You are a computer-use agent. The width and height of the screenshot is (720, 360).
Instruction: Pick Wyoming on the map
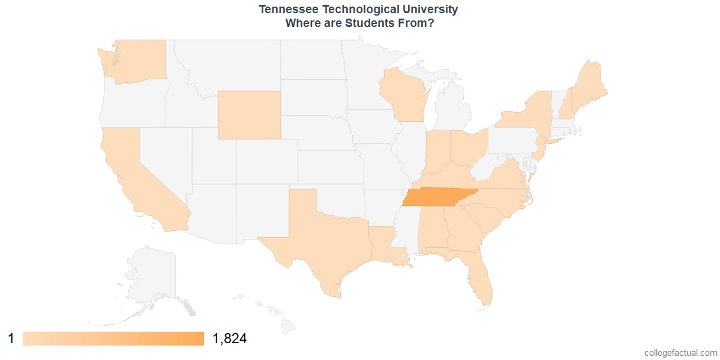[249, 115]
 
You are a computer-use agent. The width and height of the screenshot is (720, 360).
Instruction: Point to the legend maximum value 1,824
[230, 339]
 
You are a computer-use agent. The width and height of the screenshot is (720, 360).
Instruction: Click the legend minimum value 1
[11, 339]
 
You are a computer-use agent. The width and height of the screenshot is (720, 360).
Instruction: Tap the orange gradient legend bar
[113, 339]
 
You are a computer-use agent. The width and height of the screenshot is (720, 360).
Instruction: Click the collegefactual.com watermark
[680, 353]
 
